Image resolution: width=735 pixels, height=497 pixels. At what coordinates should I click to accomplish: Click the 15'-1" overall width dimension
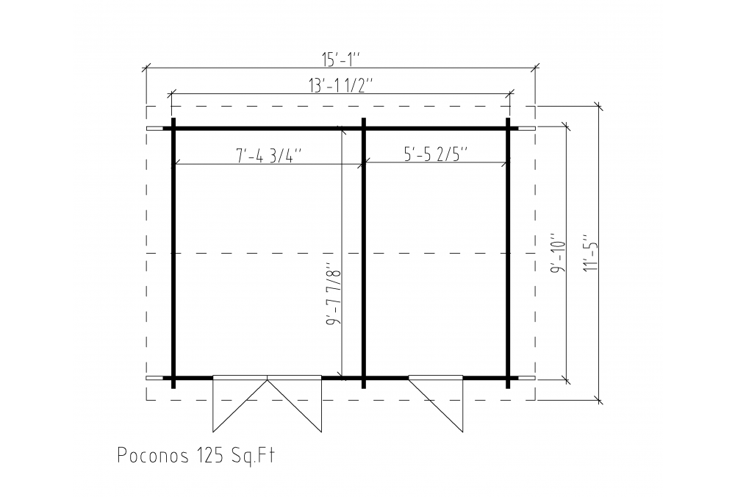340,60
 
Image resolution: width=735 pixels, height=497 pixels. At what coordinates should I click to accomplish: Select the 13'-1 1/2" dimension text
341,86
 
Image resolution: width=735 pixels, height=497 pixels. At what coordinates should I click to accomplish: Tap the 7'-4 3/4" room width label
270,156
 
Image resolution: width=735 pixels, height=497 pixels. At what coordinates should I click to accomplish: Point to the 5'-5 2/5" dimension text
436,154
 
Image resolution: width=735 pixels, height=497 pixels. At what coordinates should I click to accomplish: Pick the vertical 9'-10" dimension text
559,253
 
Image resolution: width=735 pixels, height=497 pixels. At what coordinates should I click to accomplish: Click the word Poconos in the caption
154,456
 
